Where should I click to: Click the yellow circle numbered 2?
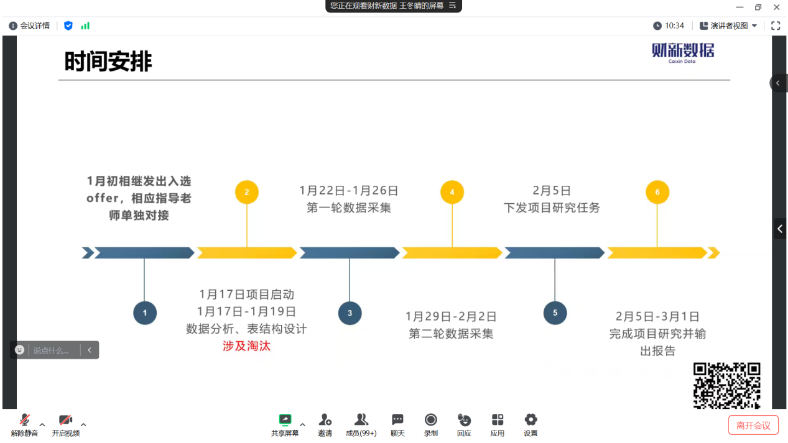(x=247, y=192)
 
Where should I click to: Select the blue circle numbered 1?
(x=145, y=313)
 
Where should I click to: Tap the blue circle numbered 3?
(x=350, y=313)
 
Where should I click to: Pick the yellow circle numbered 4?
(x=452, y=192)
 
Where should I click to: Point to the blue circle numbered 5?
(x=555, y=313)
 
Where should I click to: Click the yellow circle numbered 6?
(x=657, y=192)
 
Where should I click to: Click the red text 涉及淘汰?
(x=247, y=346)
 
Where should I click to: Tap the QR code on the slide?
(x=727, y=385)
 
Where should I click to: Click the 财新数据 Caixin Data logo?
(x=683, y=52)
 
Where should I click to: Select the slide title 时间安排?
(x=108, y=62)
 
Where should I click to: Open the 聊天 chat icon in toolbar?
(x=397, y=420)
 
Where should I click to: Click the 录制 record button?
(x=430, y=420)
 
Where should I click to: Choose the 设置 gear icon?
(x=531, y=420)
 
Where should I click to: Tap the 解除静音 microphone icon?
(x=25, y=420)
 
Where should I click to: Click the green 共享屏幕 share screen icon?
(x=285, y=420)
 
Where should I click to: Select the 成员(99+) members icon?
(x=361, y=420)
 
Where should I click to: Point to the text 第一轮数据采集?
(x=349, y=208)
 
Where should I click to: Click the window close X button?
(x=776, y=7)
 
